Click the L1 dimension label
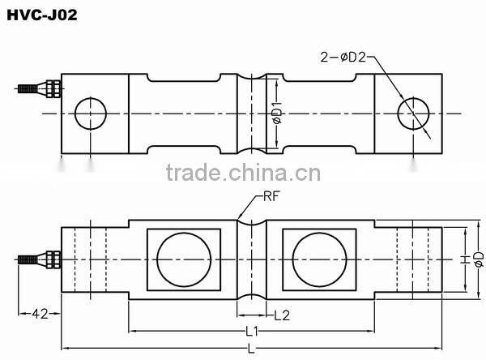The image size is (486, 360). [251, 331]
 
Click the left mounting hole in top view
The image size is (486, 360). [91, 114]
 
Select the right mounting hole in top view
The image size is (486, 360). [414, 114]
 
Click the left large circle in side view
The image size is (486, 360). [183, 259]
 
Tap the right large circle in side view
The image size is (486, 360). [318, 259]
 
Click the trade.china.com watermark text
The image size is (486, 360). [242, 174]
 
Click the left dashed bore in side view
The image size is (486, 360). [91, 259]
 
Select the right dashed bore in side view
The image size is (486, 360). [414, 259]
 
